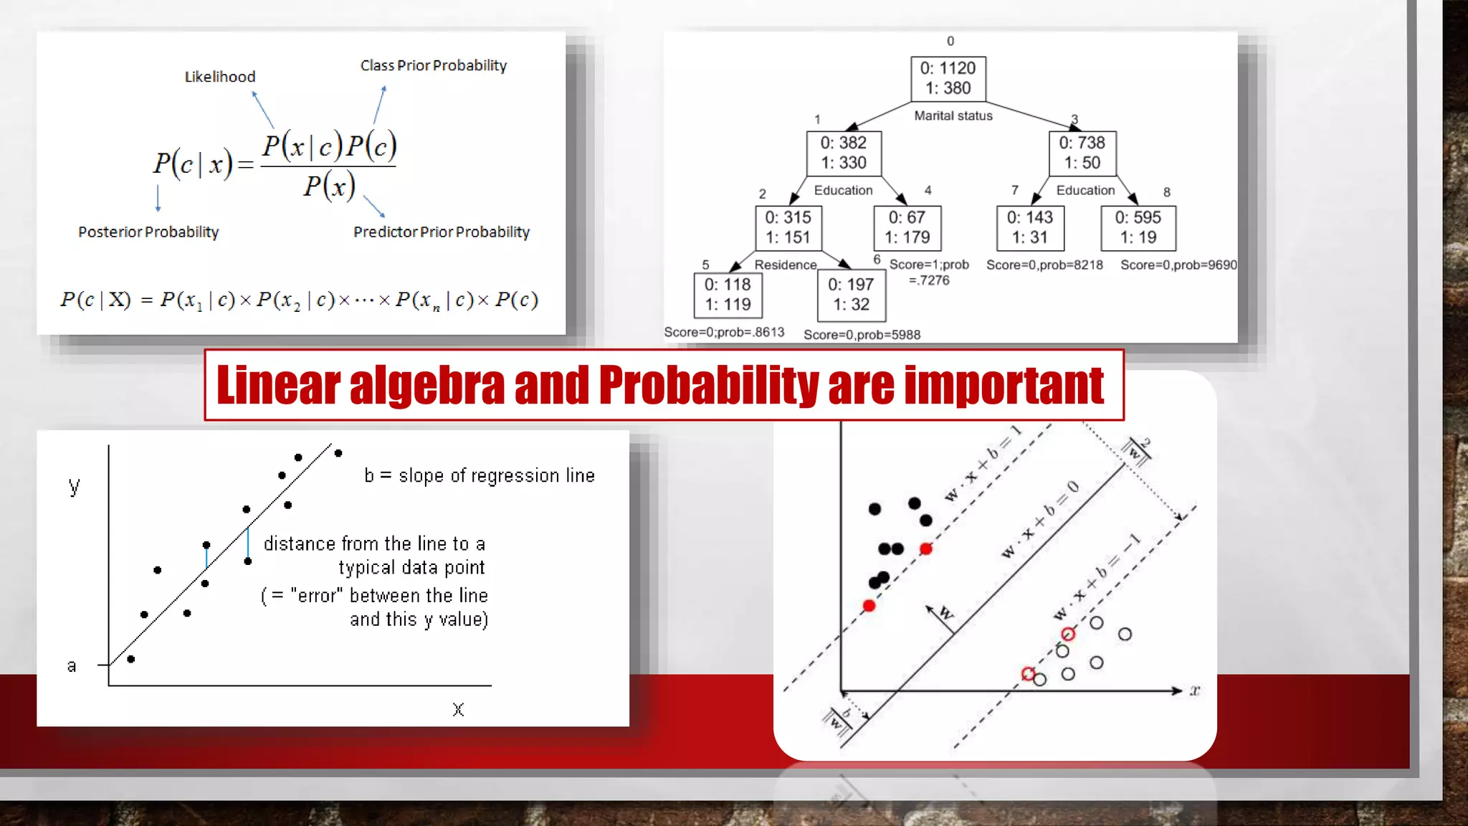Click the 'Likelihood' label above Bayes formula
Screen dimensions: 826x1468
(x=220, y=77)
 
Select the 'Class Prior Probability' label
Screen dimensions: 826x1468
(x=433, y=65)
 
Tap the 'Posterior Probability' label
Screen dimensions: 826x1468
(x=148, y=232)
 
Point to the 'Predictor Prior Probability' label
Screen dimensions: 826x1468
(x=441, y=232)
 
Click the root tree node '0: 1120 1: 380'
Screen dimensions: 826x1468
(x=948, y=78)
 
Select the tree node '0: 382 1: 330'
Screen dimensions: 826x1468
(x=843, y=153)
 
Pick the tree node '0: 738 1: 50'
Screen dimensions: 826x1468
(x=1082, y=153)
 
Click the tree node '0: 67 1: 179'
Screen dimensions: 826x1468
(x=907, y=227)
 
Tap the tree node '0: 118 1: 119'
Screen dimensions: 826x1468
(x=727, y=295)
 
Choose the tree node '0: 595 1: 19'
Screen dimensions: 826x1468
(x=1138, y=227)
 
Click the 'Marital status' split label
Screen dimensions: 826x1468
(x=953, y=115)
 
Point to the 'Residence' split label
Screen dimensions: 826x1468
(x=785, y=265)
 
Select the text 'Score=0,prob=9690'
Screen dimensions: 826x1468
(x=1178, y=265)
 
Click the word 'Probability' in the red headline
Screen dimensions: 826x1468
(x=708, y=386)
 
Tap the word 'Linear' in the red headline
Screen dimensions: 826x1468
(x=278, y=386)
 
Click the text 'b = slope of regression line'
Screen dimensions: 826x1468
(x=479, y=475)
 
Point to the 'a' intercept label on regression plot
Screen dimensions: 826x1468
(x=72, y=665)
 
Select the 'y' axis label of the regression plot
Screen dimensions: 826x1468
(x=74, y=486)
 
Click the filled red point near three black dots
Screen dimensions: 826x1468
(x=925, y=549)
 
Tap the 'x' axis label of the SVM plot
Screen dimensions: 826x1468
(x=1194, y=690)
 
